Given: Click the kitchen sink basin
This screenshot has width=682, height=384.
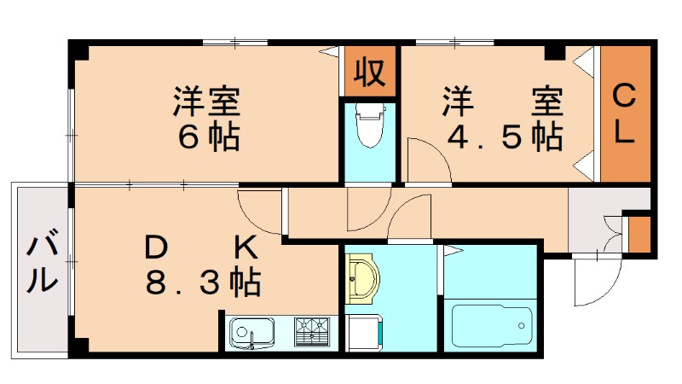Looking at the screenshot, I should coord(252,329).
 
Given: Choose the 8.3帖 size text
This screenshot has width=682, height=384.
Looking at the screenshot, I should coord(203,282).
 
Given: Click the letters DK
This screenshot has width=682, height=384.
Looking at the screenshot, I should coord(199,247).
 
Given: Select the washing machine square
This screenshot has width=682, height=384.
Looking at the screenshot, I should coord(365,331).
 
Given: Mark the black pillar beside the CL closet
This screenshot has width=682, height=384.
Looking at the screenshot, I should coord(555,52).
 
